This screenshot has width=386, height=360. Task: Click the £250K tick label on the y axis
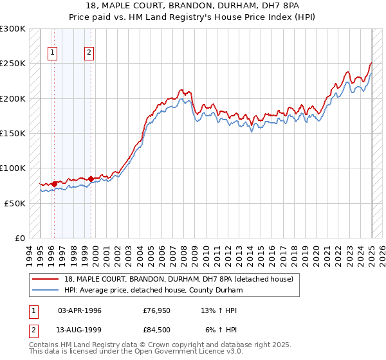[x=13, y=64]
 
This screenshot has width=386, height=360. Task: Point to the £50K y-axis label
[x=15, y=203]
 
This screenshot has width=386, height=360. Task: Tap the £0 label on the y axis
[x=20, y=238]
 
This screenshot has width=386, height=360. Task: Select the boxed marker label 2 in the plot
[x=89, y=53]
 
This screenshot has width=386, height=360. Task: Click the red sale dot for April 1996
[x=54, y=184]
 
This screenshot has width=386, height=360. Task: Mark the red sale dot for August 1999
[x=91, y=179]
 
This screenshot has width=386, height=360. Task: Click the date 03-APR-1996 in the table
[x=80, y=310]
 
